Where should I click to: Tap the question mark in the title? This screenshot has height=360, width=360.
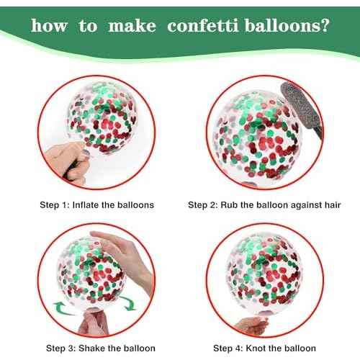(326, 27)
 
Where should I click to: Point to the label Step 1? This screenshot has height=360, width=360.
(55, 204)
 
